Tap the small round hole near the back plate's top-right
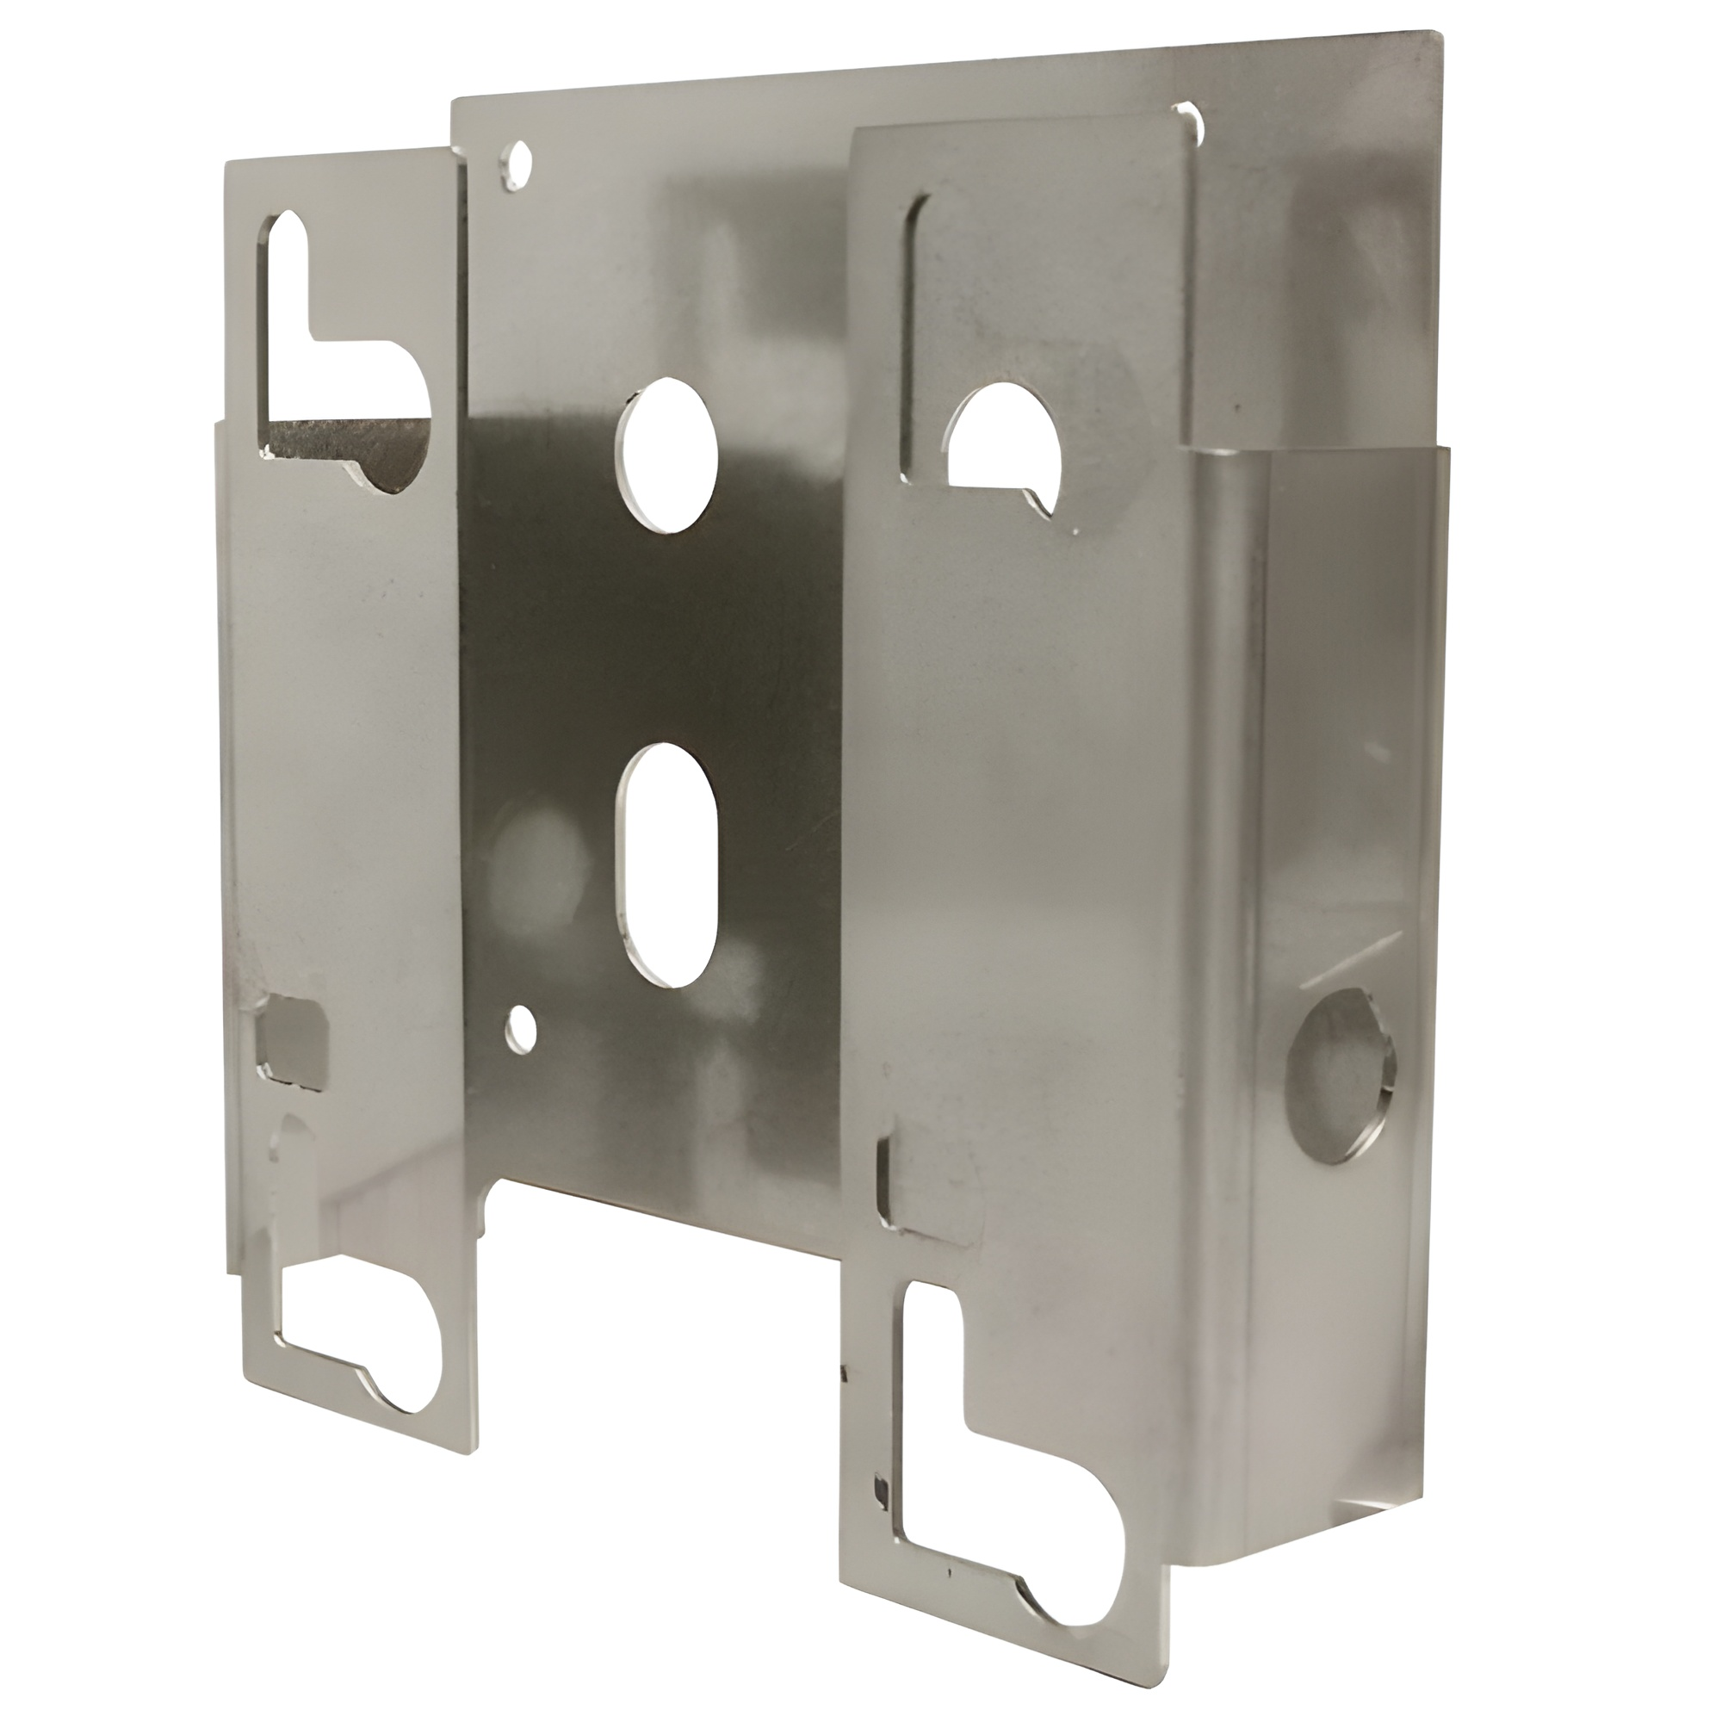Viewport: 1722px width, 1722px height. click(x=1189, y=119)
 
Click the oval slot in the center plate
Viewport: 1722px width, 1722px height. click(x=666, y=865)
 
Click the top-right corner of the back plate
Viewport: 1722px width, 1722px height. click(x=1437, y=35)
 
